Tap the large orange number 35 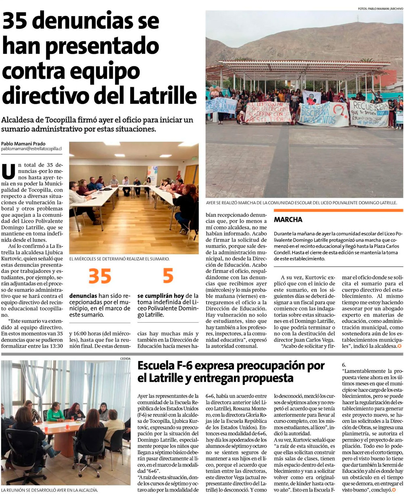[100, 276]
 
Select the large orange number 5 [168, 276]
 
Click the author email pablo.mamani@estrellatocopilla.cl [31, 149]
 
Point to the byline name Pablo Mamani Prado [23, 144]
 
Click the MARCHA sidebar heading [288, 220]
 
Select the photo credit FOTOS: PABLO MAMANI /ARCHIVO [380, 8]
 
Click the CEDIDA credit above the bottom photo [125, 358]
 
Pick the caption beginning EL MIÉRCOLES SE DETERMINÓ [119, 259]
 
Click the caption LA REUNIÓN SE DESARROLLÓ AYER [49, 490]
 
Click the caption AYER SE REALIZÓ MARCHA [301, 203]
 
